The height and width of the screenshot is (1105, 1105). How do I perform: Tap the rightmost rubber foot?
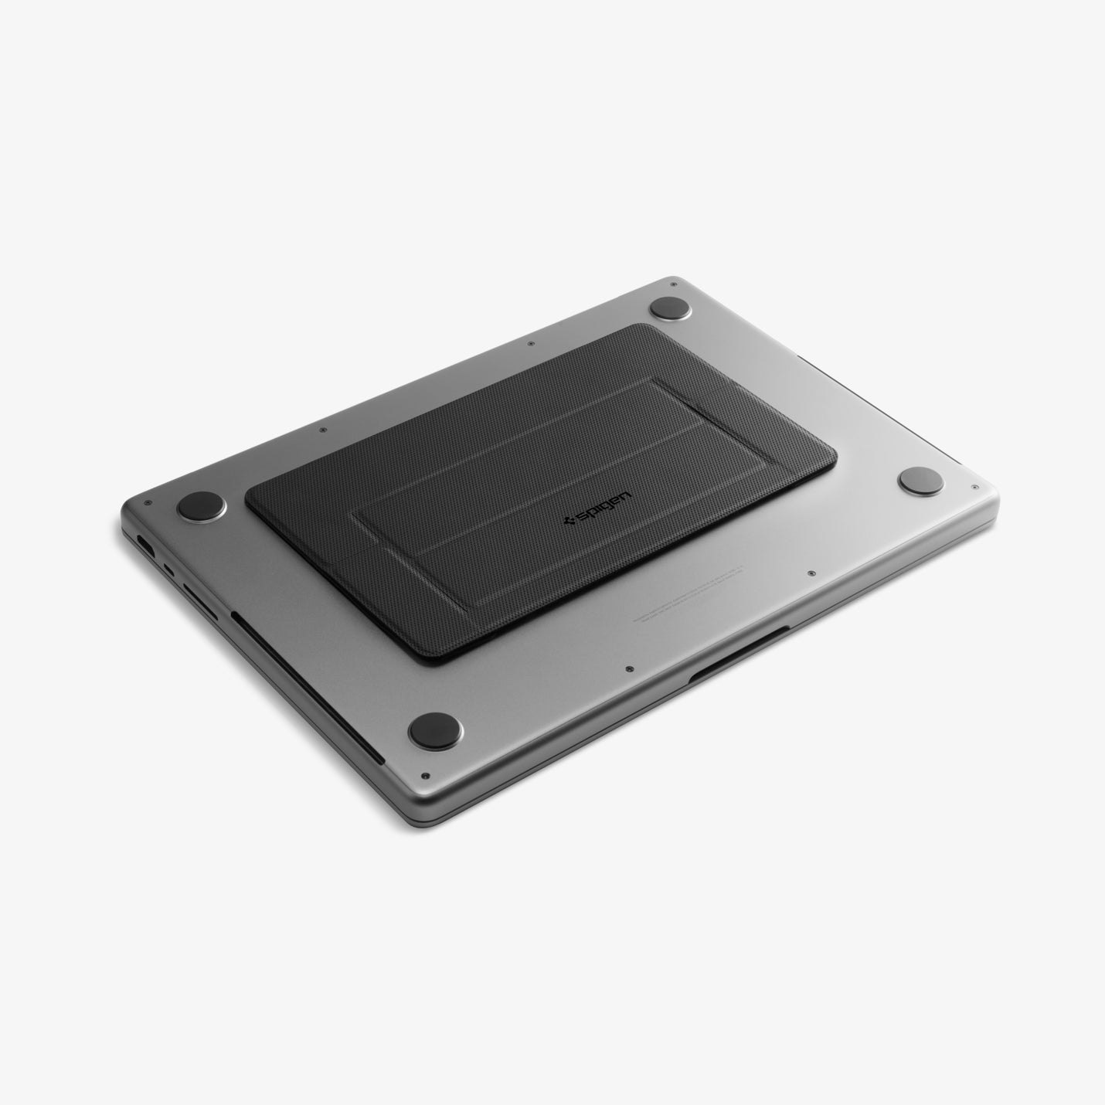[x=921, y=481]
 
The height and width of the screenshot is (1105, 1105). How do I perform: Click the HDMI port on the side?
[x=144, y=544]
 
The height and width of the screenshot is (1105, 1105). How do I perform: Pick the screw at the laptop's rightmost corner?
[x=975, y=488]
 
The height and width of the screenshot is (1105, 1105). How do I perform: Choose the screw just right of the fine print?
[x=809, y=573]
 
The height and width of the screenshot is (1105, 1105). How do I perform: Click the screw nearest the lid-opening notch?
[x=630, y=666]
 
